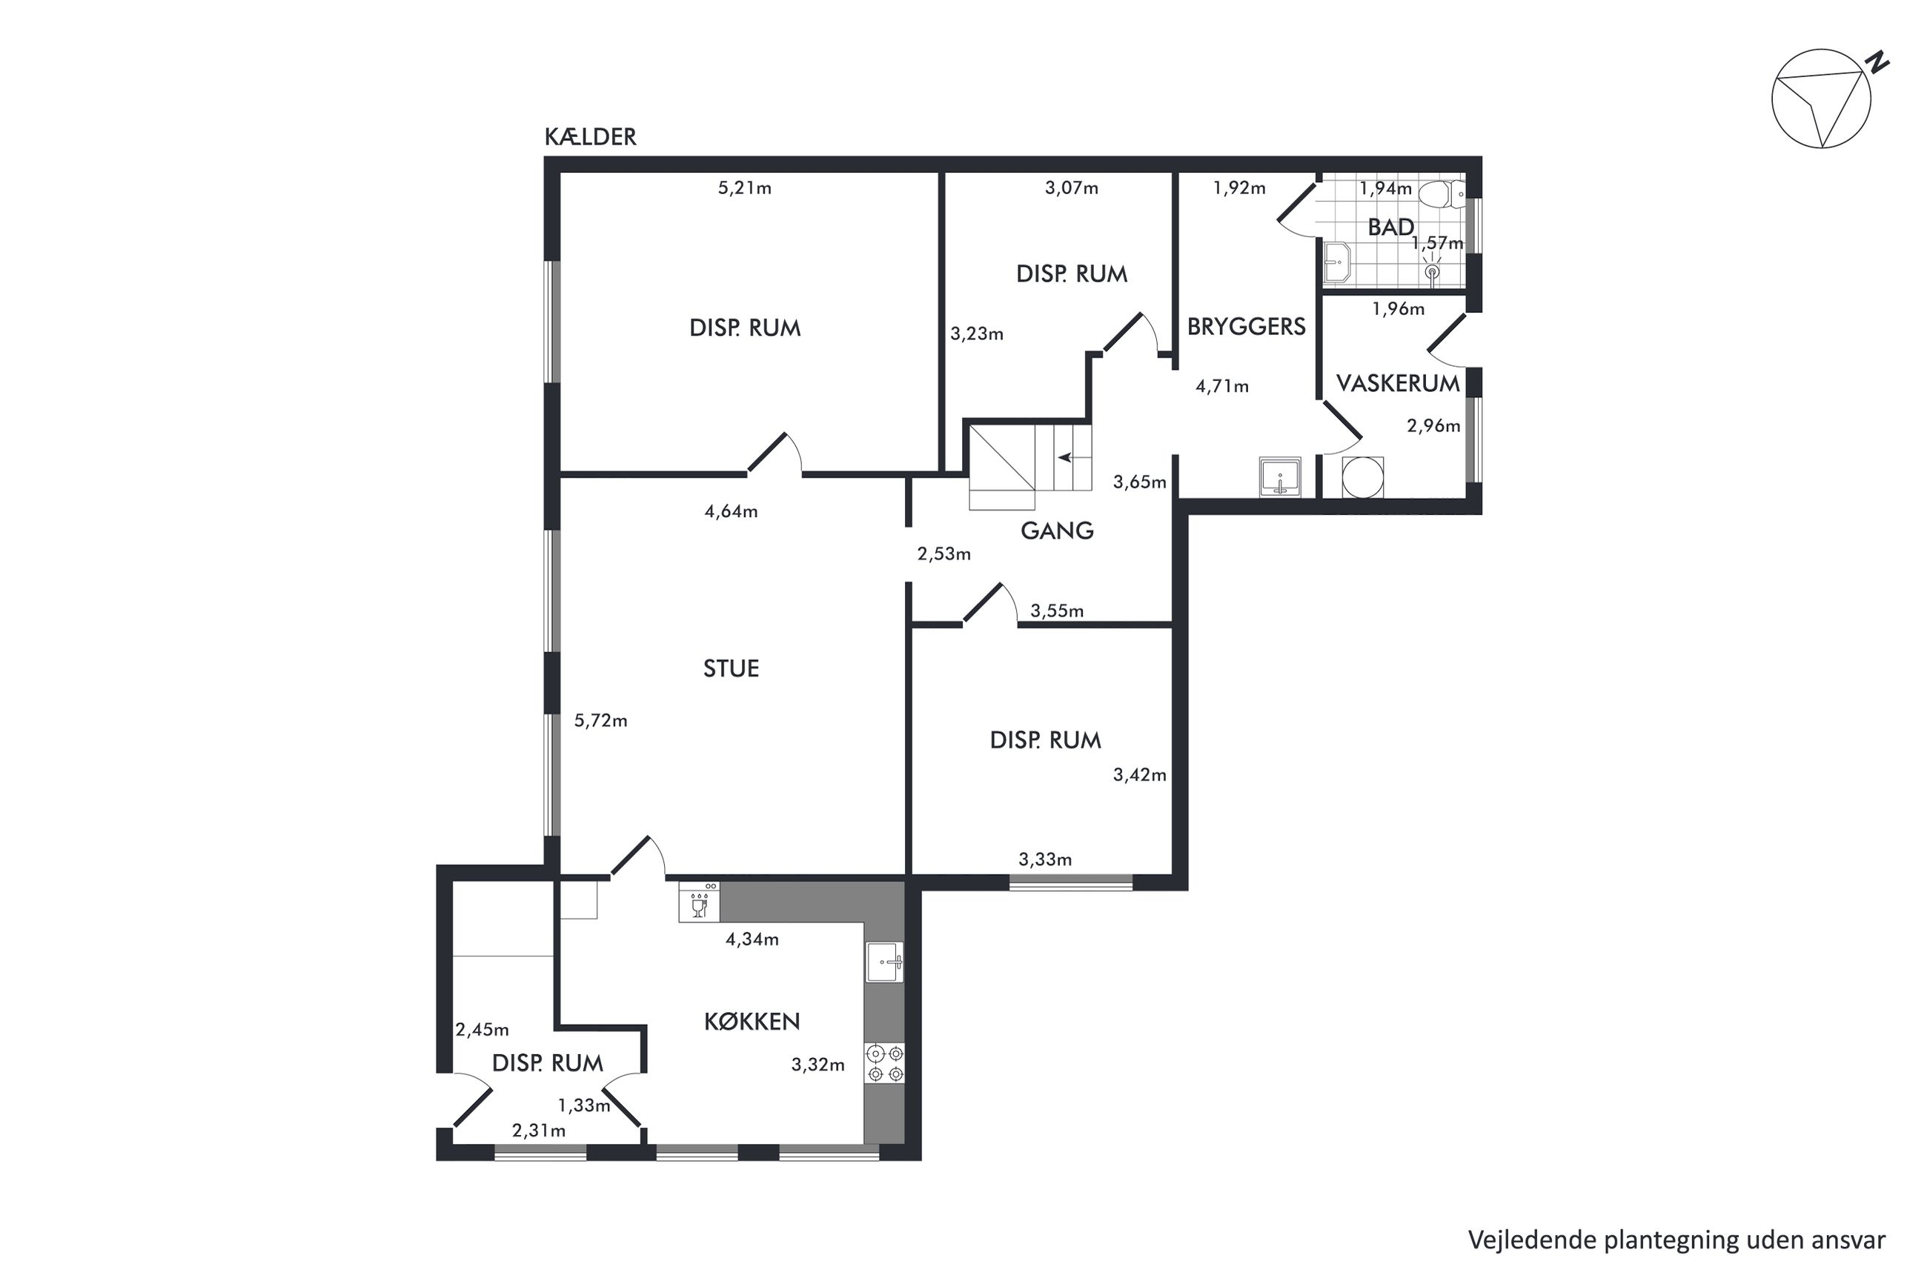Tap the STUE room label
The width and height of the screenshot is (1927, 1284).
731,668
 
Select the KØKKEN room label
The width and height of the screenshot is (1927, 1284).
752,1021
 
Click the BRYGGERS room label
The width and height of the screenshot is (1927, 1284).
1246,327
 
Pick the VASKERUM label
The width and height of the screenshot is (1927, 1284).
1397,383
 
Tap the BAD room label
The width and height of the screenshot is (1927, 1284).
1390,227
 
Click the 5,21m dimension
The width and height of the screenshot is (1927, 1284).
744,188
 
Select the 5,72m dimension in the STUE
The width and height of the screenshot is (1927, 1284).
600,721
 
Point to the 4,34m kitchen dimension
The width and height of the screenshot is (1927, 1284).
752,939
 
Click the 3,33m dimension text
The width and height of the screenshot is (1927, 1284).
1045,859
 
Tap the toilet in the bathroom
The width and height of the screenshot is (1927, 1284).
1442,194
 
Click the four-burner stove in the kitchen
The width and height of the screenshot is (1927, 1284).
884,1063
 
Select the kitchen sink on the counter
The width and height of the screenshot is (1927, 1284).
884,962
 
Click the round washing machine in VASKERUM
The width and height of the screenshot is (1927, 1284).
1363,476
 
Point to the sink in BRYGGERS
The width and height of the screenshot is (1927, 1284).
1280,476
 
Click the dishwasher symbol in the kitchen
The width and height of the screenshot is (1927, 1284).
699,902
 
